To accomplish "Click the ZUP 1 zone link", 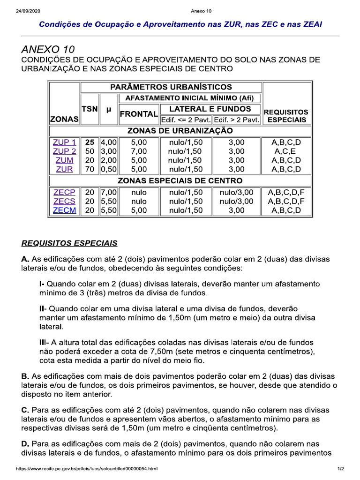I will tap(64, 142).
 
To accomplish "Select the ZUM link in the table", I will tap(64, 160).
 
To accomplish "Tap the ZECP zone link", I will tap(64, 193).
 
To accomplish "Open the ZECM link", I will tap(64, 210).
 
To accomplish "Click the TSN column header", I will tap(90, 109).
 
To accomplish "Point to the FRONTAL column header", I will tap(138, 114).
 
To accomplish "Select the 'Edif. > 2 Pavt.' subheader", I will tap(237, 120).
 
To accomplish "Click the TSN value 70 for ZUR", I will tap(90, 169).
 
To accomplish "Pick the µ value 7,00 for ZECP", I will tap(108, 193).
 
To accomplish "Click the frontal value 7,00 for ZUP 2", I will tap(139, 151).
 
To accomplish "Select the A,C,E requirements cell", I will tap(286, 151).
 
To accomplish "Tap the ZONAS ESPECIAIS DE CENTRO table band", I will tap(180, 180).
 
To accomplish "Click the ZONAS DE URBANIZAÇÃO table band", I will tap(180, 130).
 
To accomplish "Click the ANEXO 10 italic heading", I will tap(48, 49).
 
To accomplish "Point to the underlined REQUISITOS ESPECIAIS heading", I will tap(69, 243).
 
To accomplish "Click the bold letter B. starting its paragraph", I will tap(25, 376).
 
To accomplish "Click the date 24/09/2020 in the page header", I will tap(28, 11).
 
